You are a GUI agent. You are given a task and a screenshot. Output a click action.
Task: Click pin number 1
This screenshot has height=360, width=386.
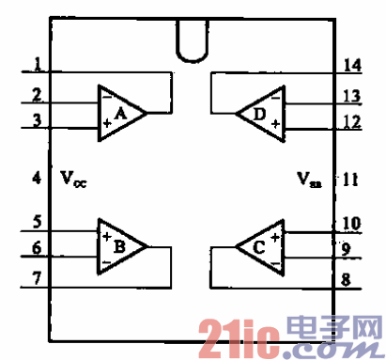tap(36, 66)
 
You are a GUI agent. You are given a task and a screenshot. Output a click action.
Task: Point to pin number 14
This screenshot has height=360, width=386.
tap(351, 66)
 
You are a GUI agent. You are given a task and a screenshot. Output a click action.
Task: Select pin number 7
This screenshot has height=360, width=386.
tap(36, 279)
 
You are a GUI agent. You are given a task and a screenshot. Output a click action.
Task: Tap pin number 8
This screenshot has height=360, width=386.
tap(347, 279)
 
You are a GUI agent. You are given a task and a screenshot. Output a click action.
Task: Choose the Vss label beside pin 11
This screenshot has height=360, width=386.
tap(309, 177)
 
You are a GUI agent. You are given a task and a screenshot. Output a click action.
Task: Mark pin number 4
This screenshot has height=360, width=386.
tap(36, 176)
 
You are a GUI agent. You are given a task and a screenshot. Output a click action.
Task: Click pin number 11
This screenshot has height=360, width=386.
tap(349, 177)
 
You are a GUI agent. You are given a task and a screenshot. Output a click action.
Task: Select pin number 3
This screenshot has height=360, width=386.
tap(36, 119)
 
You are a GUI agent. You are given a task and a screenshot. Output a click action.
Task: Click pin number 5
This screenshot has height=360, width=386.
tap(36, 224)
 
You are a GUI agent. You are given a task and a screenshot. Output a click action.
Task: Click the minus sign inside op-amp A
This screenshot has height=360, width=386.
tap(107, 97)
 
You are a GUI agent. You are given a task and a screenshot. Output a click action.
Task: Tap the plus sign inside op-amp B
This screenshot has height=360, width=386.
tap(107, 235)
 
